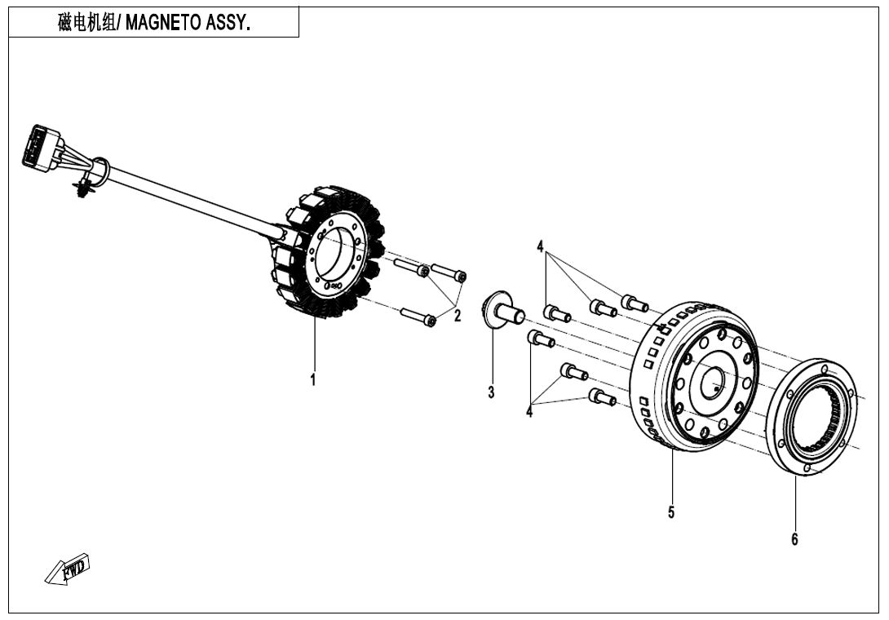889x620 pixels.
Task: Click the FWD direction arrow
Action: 67,569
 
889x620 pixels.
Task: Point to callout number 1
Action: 313,379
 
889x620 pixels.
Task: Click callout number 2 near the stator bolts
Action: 458,316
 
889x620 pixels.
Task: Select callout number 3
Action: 491,392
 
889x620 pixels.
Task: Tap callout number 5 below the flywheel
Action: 671,512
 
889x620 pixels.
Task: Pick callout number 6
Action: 794,538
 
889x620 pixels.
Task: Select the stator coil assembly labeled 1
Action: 326,253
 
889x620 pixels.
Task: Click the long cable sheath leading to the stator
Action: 188,200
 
